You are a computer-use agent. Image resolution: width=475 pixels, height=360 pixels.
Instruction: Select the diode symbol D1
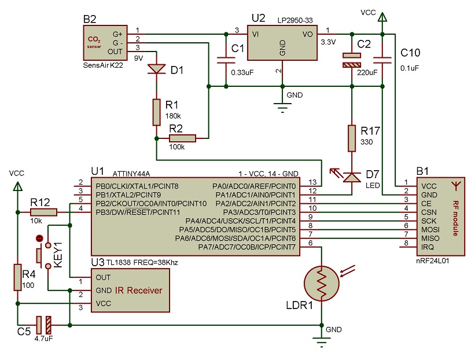point(157,69)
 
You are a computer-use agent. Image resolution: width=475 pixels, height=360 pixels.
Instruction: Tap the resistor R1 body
point(157,112)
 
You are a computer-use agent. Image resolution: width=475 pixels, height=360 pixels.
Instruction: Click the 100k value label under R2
point(177,148)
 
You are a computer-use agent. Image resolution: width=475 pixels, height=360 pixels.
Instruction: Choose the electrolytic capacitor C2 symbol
point(351,60)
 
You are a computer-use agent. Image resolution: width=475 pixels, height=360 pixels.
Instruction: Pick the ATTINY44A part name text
point(132,173)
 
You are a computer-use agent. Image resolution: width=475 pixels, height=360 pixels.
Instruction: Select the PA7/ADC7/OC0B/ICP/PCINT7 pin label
point(254,247)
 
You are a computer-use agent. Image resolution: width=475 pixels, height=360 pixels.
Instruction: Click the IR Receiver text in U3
point(138,290)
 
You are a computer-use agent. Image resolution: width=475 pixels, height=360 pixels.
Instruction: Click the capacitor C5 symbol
point(43,325)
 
